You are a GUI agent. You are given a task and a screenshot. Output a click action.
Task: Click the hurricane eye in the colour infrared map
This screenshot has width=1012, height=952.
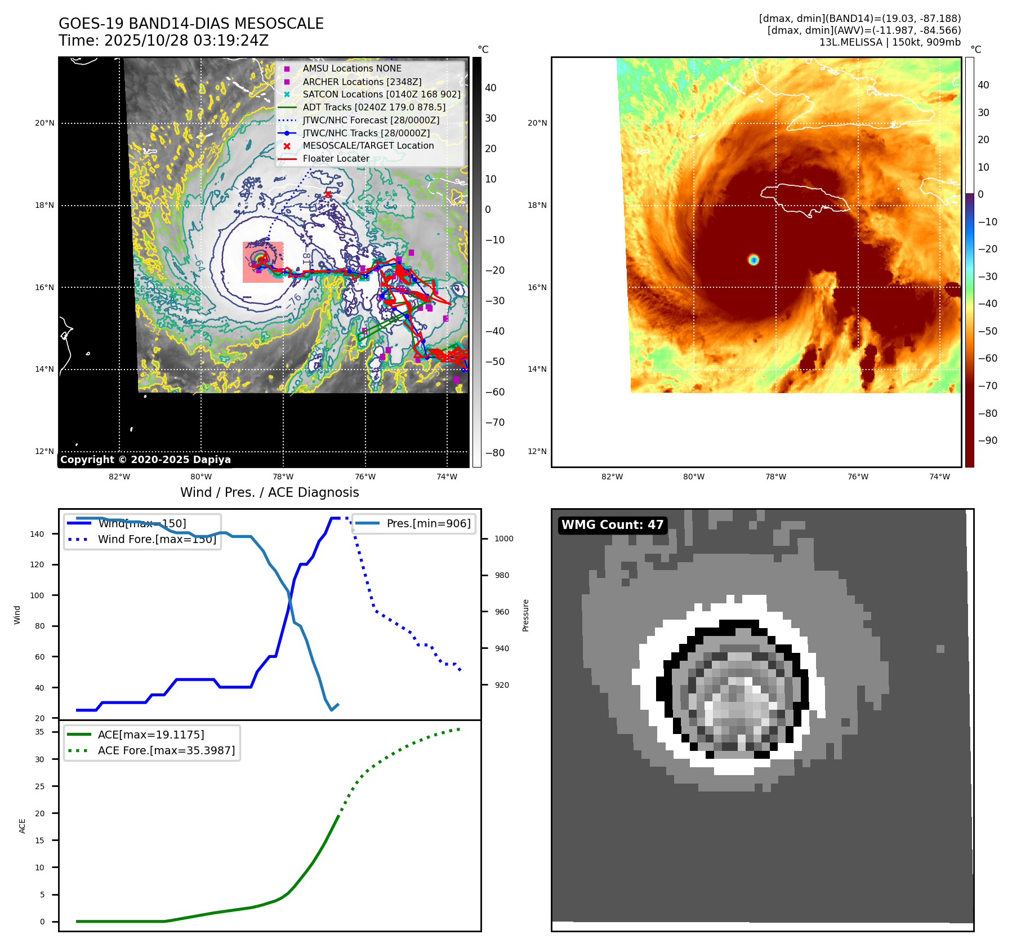tap(754, 260)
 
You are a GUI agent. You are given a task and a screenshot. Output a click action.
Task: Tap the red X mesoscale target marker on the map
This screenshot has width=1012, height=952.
tap(328, 194)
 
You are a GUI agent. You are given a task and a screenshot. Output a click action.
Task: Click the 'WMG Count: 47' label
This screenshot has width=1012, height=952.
tap(612, 525)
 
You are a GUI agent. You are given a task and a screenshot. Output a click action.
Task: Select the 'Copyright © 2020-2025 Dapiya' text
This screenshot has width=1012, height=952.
tap(145, 460)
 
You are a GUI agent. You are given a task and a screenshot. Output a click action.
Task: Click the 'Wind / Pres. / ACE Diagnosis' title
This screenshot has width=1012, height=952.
tap(269, 492)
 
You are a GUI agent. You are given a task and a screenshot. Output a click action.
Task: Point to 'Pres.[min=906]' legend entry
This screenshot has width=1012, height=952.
tap(428, 523)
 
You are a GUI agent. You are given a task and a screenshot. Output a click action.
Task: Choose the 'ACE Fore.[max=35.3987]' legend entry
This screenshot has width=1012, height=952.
tap(166, 750)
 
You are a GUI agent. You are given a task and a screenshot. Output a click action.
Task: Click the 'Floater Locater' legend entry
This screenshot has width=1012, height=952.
tap(336, 158)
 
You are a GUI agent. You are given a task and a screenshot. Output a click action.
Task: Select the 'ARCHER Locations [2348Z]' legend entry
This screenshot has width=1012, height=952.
tap(362, 82)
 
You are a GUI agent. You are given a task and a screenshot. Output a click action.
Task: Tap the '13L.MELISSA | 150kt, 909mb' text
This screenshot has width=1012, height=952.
tap(890, 42)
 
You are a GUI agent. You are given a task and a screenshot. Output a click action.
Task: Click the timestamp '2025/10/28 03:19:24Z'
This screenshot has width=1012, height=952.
tap(186, 41)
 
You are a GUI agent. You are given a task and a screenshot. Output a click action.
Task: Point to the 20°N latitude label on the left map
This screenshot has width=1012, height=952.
tap(45, 123)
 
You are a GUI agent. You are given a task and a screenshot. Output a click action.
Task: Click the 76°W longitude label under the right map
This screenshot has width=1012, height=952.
tap(858, 477)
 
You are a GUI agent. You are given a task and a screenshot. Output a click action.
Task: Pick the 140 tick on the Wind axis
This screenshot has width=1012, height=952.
tap(37, 534)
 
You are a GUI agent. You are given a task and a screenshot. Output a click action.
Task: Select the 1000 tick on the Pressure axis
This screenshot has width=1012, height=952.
tap(504, 539)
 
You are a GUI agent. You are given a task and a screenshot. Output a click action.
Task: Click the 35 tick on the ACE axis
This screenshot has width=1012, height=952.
tap(39, 732)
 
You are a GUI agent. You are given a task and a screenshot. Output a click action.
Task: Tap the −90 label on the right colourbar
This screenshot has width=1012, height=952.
tap(987, 441)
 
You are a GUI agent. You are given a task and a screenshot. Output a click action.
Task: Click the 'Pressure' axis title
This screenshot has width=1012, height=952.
tap(525, 615)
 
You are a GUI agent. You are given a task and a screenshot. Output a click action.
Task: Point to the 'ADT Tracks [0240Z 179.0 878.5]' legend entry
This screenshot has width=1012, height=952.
tap(374, 107)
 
